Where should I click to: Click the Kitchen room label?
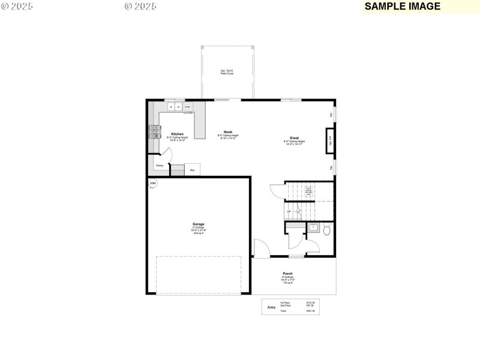[x=177, y=134]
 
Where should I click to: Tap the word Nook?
[x=228, y=132]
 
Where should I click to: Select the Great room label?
[x=294, y=138]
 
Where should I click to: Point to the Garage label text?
[x=199, y=224]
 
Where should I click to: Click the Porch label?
[x=288, y=274]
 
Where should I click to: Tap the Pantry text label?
[x=160, y=166]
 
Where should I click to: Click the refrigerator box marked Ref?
[x=193, y=170]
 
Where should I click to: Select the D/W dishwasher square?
[x=188, y=107]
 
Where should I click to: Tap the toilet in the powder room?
[x=327, y=229]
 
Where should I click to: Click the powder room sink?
[x=313, y=227]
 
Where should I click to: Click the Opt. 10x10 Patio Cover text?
[x=227, y=72]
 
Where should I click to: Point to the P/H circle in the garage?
[x=152, y=183]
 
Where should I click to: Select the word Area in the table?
[x=271, y=307]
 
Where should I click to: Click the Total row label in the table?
[x=283, y=311]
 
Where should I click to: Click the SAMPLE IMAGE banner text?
[x=403, y=7]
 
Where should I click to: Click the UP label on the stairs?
[x=289, y=211]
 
